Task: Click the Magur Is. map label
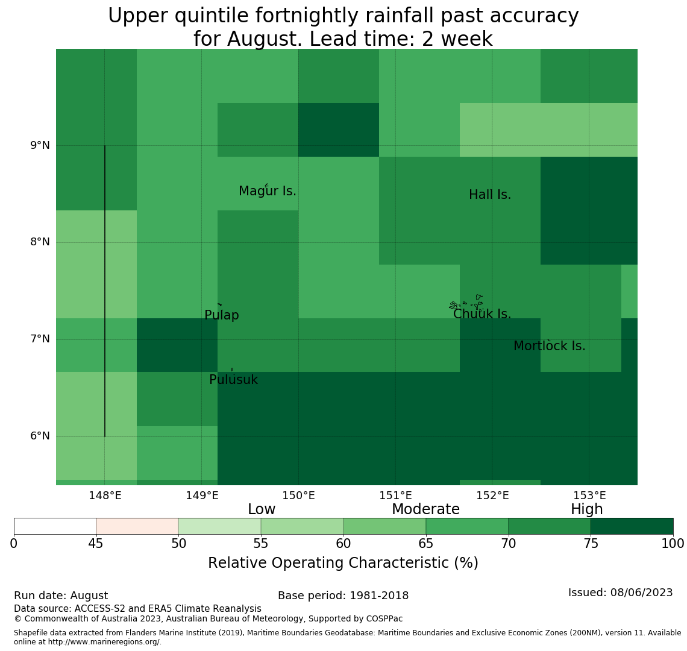click(267, 191)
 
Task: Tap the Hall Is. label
click(490, 195)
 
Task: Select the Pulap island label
click(222, 316)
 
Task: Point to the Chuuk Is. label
click(482, 314)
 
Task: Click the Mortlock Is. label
click(550, 346)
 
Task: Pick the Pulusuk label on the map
click(234, 380)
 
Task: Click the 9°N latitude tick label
click(40, 145)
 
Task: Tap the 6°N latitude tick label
click(40, 436)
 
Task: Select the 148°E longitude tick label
click(105, 495)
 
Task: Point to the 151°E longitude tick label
click(396, 495)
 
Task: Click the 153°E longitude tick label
click(589, 495)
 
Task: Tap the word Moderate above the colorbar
click(425, 509)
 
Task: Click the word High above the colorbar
click(587, 509)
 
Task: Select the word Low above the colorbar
click(262, 509)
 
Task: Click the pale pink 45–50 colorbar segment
click(137, 526)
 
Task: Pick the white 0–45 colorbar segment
click(55, 526)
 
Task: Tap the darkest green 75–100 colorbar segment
click(632, 526)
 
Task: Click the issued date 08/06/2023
click(641, 593)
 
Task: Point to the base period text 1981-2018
click(379, 596)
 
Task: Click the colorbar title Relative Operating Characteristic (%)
click(343, 563)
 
